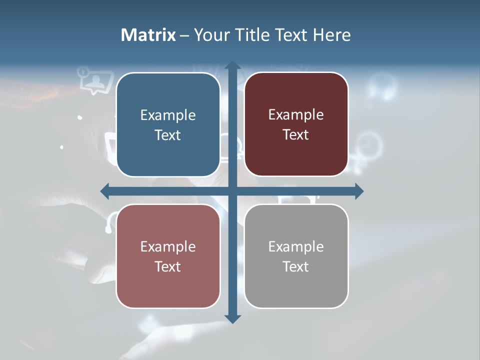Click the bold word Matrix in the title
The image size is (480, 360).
point(148,35)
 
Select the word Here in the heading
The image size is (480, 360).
point(331,35)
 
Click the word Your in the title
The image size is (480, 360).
point(211,35)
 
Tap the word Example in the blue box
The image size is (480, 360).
point(168,115)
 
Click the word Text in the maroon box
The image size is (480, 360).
point(296,135)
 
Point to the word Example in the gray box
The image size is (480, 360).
point(296,246)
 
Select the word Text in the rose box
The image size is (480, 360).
point(168,266)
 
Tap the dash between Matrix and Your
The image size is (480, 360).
point(184,35)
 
